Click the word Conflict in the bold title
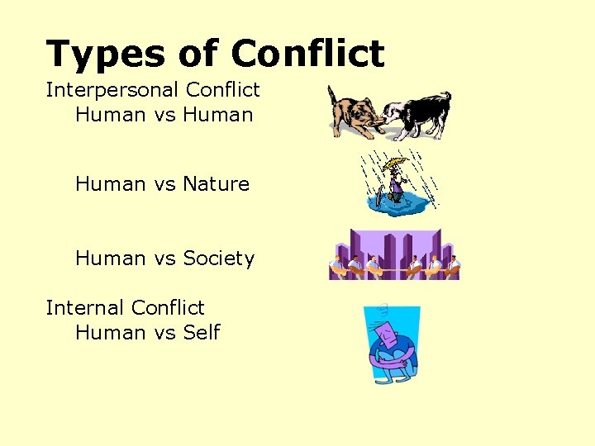(307, 54)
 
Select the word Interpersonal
(112, 89)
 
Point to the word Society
(218, 259)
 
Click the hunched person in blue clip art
(393, 345)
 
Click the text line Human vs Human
(164, 114)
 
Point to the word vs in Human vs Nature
(164, 184)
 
